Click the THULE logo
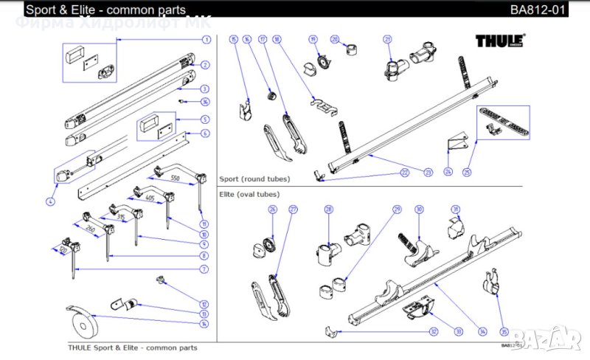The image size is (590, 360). pyautogui.click(x=500, y=42)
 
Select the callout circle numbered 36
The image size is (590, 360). pyautogui.click(x=206, y=102)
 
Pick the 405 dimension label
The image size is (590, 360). pyautogui.click(x=149, y=198)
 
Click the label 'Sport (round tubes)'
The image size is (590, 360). pyautogui.click(x=254, y=179)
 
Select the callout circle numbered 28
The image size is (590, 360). pyautogui.click(x=329, y=210)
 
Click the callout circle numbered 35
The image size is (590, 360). pyautogui.click(x=504, y=331)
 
